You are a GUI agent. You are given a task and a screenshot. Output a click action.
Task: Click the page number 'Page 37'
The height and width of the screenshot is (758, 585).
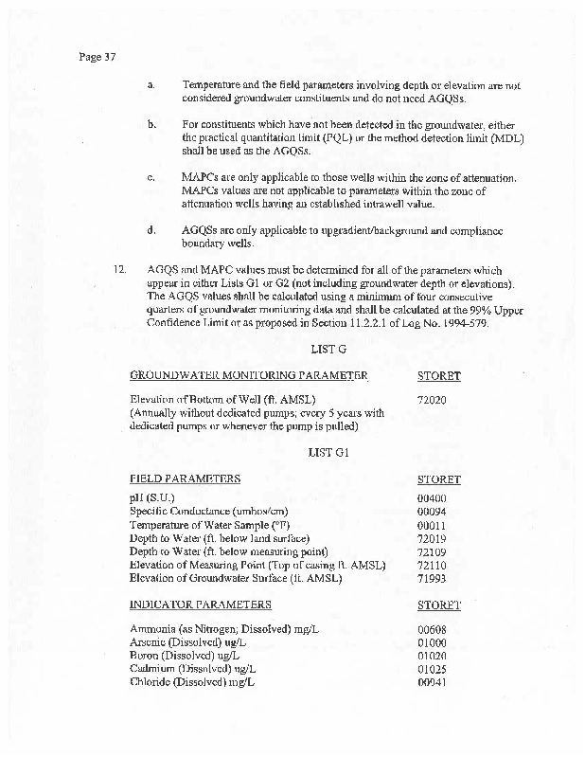pyautogui.click(x=97, y=57)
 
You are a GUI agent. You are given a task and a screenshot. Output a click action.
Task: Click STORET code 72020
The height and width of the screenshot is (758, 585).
pyautogui.click(x=432, y=399)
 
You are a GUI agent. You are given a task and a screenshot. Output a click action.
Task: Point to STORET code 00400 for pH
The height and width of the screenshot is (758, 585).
pyautogui.click(x=432, y=498)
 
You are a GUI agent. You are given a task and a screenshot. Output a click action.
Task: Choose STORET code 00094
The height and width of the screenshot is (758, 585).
pyautogui.click(x=432, y=512)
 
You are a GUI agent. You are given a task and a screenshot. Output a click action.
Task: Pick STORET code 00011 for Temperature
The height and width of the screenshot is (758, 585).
pyautogui.click(x=432, y=525)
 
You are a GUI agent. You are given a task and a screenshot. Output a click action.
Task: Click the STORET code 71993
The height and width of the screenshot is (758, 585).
pyautogui.click(x=432, y=578)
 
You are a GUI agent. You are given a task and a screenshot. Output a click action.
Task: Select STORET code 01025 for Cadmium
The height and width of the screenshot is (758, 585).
pyautogui.click(x=432, y=669)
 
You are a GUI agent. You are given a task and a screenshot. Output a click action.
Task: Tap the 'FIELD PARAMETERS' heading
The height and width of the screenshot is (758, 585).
pyautogui.click(x=185, y=479)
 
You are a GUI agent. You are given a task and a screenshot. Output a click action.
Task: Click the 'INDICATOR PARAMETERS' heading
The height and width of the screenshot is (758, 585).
pyautogui.click(x=201, y=605)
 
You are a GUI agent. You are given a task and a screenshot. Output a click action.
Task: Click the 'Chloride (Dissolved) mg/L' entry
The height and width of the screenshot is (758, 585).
pyautogui.click(x=192, y=682)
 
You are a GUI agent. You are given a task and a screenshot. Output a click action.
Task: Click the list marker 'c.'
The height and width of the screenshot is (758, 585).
pyautogui.click(x=151, y=177)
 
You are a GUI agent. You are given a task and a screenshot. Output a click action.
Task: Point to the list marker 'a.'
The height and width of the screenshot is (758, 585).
pyautogui.click(x=151, y=85)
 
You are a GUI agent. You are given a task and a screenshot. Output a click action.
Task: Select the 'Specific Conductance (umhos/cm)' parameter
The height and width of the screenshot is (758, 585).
pyautogui.click(x=207, y=512)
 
